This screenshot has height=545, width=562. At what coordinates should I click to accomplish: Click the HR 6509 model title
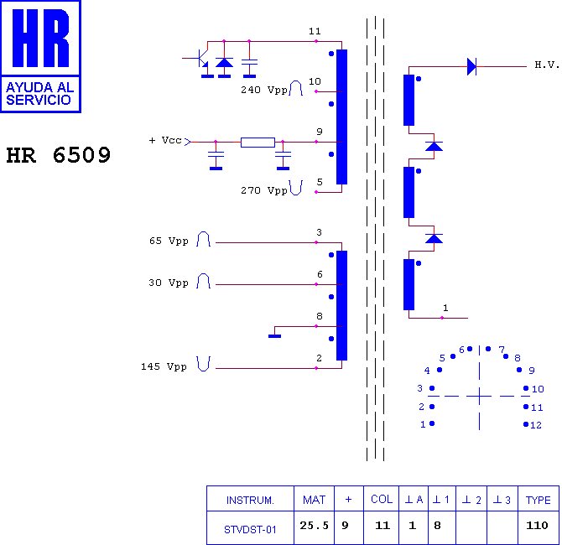pyautogui.click(x=59, y=155)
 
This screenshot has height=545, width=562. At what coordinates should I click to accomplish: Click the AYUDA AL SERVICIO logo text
pyautogui.click(x=39, y=94)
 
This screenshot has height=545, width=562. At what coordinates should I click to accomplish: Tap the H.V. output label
pyautogui.click(x=547, y=65)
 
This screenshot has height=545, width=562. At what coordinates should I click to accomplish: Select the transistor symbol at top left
pyautogui.click(x=200, y=57)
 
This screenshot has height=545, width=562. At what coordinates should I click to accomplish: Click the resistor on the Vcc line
pyautogui.click(x=258, y=143)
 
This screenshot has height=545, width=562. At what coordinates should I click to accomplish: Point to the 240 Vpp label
pyautogui.click(x=263, y=90)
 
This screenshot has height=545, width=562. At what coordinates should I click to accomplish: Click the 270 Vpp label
pyautogui.click(x=263, y=190)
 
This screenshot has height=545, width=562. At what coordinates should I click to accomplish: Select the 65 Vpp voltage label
pyautogui.click(x=169, y=241)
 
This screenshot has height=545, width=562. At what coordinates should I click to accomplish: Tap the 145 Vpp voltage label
pyautogui.click(x=164, y=366)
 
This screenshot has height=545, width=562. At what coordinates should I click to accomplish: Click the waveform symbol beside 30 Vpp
pyautogui.click(x=203, y=280)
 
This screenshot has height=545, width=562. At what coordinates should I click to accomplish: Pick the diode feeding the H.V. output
pyautogui.click(x=471, y=66)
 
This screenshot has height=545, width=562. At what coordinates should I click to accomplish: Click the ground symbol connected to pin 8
pyautogui.click(x=274, y=336)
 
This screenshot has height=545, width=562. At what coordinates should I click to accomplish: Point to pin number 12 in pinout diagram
pyautogui.click(x=536, y=425)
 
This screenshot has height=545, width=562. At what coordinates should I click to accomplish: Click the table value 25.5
pyautogui.click(x=314, y=525)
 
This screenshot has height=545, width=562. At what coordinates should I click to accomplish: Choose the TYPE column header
pyautogui.click(x=538, y=500)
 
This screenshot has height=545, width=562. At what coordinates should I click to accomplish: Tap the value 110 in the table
pyautogui.click(x=537, y=525)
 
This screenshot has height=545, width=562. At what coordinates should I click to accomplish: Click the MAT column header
pyautogui.click(x=314, y=500)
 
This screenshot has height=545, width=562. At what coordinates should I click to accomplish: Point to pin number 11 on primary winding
pyautogui.click(x=315, y=32)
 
